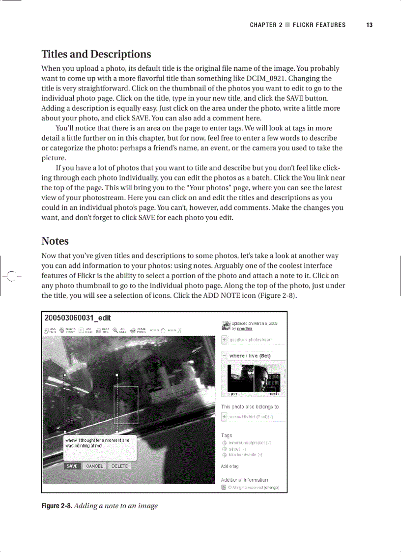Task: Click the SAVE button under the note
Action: coord(72,466)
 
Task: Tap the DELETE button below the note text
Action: coord(119,466)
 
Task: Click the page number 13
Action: coord(369,25)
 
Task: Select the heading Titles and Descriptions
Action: coord(96,54)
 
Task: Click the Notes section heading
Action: coord(55,241)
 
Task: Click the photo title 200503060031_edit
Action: coord(78,318)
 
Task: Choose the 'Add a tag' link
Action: coord(229,466)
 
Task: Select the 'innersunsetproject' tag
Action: coord(247,443)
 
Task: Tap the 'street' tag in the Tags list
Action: coord(234,449)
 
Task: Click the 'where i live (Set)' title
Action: coord(250,356)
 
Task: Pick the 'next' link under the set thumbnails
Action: coord(274,394)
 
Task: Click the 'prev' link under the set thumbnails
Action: coord(233,394)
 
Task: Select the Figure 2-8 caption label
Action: coord(59,506)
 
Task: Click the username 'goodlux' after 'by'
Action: coord(245,329)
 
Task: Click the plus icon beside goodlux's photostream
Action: coord(224,340)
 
